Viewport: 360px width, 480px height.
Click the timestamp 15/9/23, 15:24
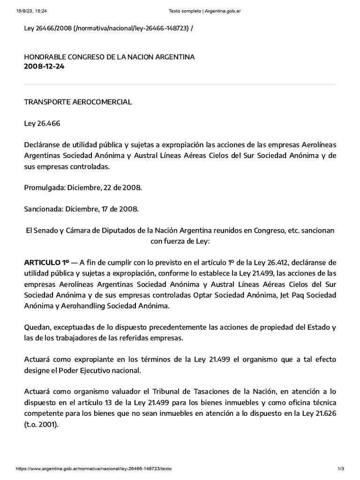point(28,11)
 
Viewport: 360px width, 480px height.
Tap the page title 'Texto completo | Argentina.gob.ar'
point(199,11)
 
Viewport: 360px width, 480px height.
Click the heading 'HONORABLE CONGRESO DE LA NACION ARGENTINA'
point(109,57)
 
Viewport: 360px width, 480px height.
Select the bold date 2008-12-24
point(44,66)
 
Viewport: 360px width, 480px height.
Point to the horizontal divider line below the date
point(180,84)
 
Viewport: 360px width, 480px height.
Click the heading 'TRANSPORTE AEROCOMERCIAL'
point(78,102)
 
